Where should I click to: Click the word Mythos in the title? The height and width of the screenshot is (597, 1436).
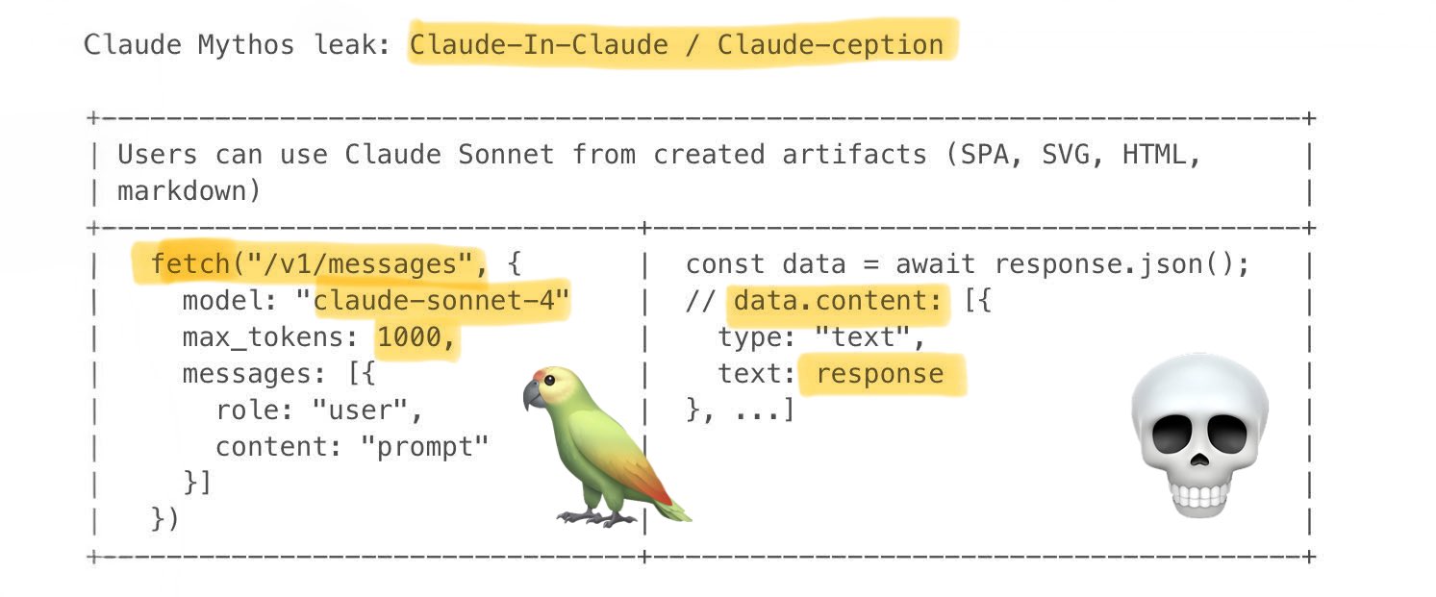pos(246,45)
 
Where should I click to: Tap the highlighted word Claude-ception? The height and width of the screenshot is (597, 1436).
pos(830,45)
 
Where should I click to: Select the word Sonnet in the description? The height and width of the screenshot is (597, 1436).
pos(506,155)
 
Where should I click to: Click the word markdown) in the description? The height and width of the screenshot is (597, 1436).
pos(189,191)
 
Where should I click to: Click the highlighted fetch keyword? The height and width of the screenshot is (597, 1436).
pos(190,264)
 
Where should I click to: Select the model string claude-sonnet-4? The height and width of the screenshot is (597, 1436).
pos(434,300)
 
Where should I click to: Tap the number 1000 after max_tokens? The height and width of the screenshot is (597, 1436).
pos(409,336)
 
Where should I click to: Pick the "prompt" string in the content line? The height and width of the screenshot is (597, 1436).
pos(424,447)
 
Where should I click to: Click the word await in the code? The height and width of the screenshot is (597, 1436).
pos(935,264)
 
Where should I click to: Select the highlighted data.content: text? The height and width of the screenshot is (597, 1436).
pos(838,300)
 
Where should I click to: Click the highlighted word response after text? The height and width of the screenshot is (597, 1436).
pos(879,374)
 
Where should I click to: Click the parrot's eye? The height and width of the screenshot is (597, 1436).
pos(549,381)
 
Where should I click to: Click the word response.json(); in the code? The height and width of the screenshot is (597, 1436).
pos(1121,264)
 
